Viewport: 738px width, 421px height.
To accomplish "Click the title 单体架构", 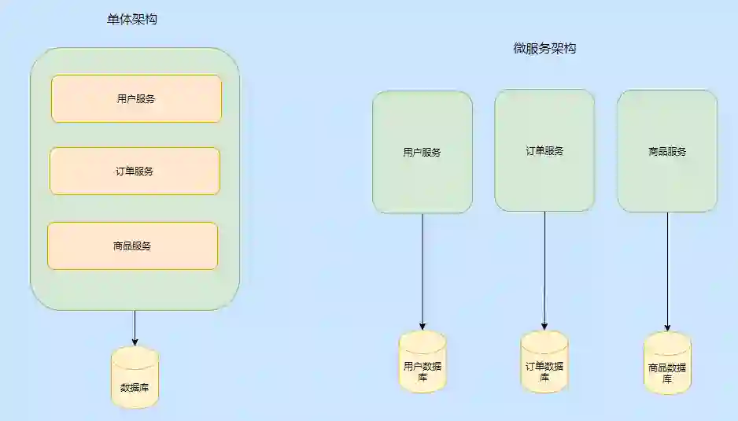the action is [x=132, y=19].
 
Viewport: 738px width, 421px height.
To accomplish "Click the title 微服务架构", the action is [x=545, y=49].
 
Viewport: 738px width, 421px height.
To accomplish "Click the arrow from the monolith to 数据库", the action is [x=135, y=327].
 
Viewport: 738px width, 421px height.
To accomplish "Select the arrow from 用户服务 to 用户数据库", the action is [x=423, y=271].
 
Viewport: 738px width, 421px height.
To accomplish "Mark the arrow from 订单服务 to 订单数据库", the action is [x=544, y=271].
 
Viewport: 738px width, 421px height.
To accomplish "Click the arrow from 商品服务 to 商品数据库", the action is [x=667, y=271].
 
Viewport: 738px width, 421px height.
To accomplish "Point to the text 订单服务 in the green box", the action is [x=544, y=151].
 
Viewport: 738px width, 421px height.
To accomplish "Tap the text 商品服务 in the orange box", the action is [x=132, y=246].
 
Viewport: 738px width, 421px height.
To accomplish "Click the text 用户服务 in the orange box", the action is [x=136, y=99].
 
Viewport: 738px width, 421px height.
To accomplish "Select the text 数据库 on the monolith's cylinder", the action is [x=135, y=386].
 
